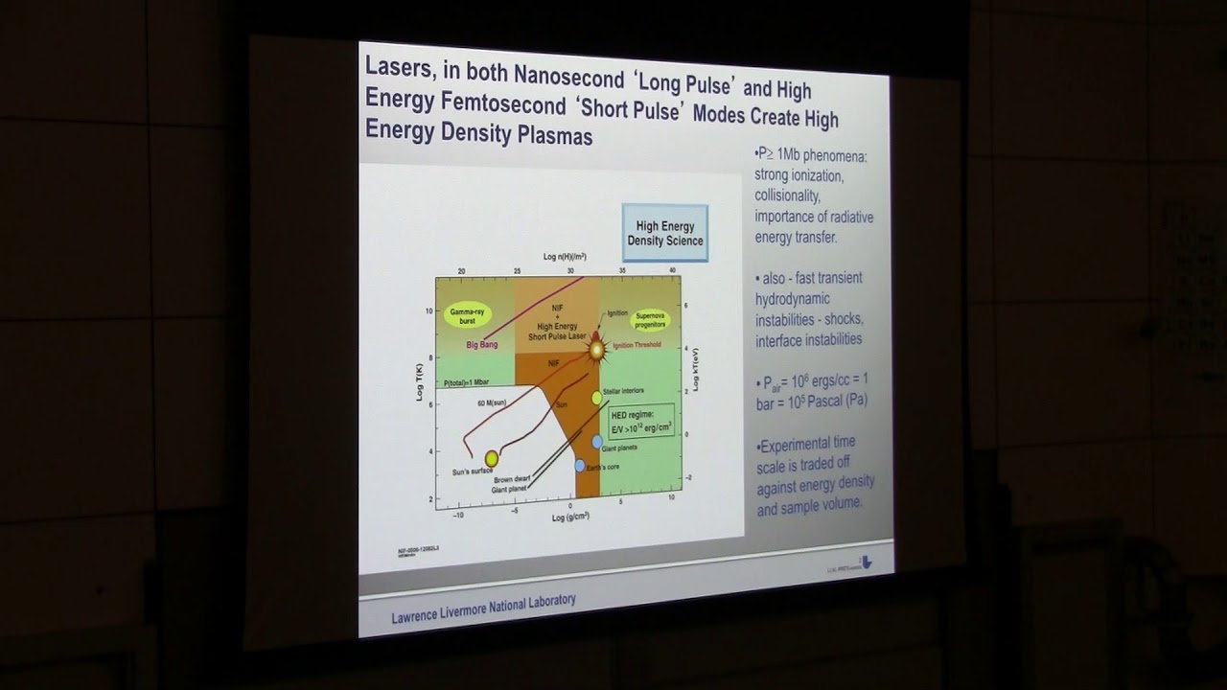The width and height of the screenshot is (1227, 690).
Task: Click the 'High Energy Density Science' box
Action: pyautogui.click(x=664, y=233)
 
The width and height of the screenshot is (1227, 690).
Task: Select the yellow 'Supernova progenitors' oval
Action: pyautogui.click(x=649, y=321)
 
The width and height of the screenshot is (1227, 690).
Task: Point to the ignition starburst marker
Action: pyautogui.click(x=596, y=349)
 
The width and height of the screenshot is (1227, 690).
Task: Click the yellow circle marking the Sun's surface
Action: pyautogui.click(x=492, y=459)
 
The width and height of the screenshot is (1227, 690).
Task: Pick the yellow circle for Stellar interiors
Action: pyautogui.click(x=597, y=397)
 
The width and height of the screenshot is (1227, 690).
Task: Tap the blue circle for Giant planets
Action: pyautogui.click(x=597, y=442)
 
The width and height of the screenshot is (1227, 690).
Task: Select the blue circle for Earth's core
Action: pyautogui.click(x=580, y=466)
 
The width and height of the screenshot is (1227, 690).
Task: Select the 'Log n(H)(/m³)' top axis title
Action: pyautogui.click(x=565, y=257)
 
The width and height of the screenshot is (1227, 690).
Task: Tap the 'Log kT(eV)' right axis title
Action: pyautogui.click(x=697, y=372)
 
